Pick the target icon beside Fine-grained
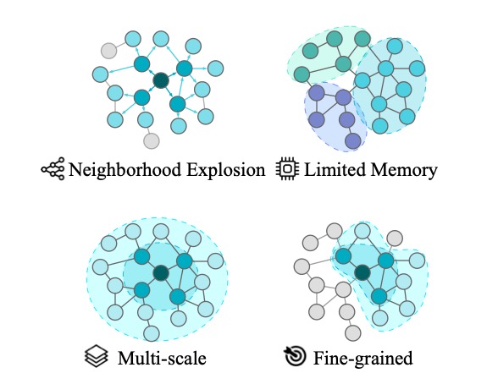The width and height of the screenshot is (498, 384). [x=294, y=358]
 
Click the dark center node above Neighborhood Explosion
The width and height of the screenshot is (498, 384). [x=160, y=81]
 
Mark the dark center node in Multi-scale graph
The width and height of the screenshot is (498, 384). [x=160, y=272]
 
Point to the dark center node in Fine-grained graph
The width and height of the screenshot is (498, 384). [x=362, y=272]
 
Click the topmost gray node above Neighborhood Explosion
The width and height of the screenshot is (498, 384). [x=108, y=50]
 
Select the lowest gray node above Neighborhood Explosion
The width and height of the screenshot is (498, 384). [x=151, y=140]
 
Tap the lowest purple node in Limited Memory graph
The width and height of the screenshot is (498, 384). [x=353, y=140]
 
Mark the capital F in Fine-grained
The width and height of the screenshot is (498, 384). [x=317, y=358]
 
